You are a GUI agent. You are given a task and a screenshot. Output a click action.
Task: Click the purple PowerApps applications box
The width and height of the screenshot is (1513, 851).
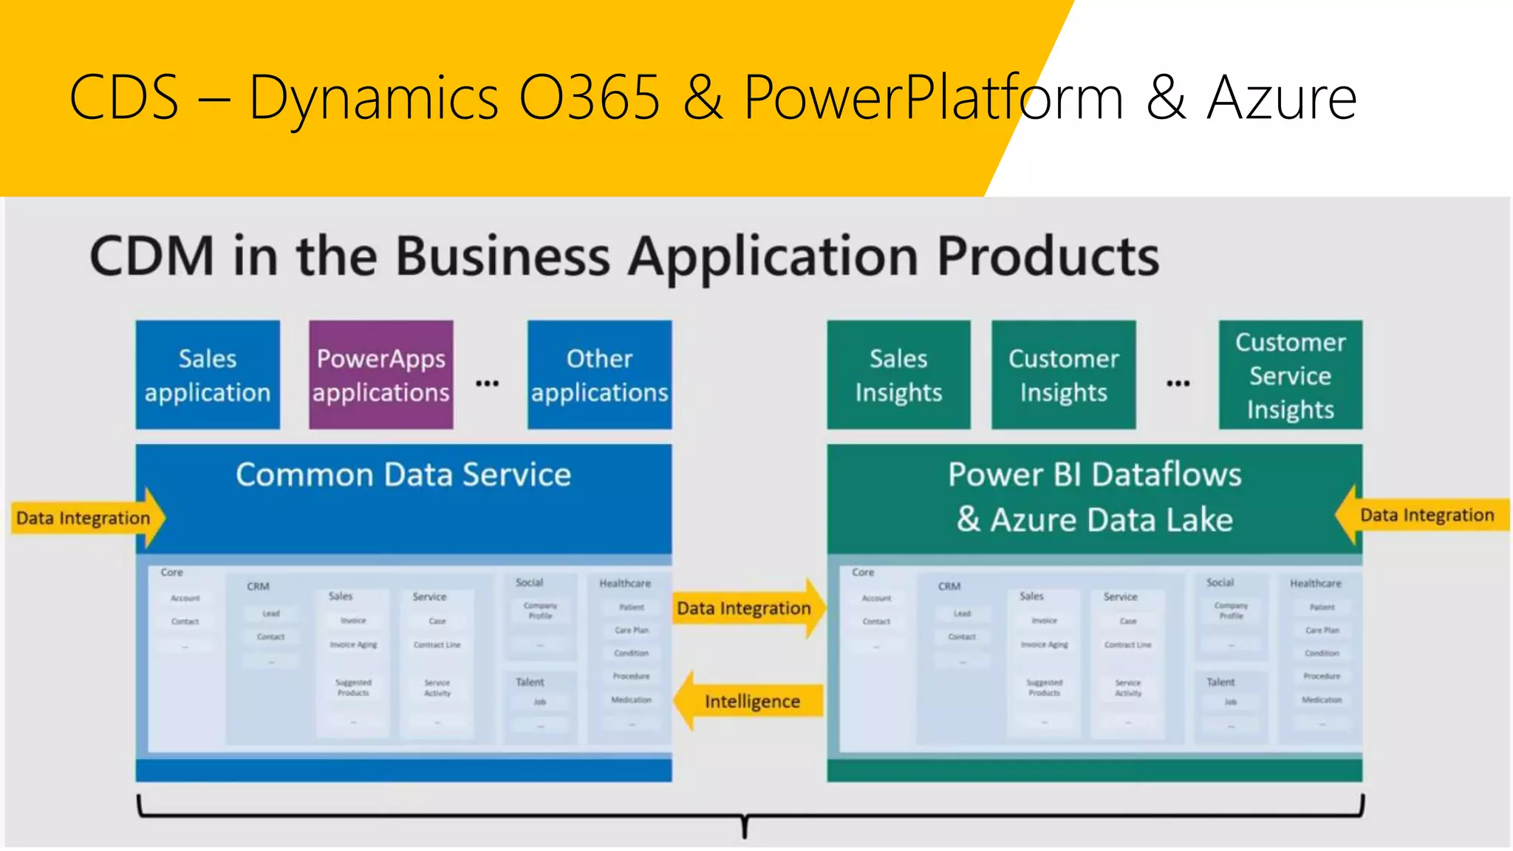(x=380, y=375)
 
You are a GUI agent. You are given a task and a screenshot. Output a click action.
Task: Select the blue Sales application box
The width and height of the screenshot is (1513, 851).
(x=208, y=375)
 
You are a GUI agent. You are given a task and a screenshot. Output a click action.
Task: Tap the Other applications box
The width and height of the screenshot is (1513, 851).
(x=599, y=375)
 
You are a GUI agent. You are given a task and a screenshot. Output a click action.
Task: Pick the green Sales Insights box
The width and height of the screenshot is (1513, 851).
(x=898, y=375)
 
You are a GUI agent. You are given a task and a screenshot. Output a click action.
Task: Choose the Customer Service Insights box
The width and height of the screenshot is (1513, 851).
(x=1290, y=375)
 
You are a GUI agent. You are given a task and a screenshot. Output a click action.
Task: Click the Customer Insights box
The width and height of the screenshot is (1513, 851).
(x=1063, y=375)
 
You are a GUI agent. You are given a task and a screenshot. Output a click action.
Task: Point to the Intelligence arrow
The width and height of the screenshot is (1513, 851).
(x=751, y=701)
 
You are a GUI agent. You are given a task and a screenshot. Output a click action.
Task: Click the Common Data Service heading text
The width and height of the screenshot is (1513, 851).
(x=403, y=474)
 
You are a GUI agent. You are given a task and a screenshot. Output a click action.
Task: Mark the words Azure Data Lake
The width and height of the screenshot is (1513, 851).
(x=1111, y=519)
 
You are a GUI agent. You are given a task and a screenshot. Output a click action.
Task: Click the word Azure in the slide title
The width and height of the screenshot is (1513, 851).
(x=1282, y=98)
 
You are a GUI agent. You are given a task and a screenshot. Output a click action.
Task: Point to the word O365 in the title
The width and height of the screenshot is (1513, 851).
(x=589, y=98)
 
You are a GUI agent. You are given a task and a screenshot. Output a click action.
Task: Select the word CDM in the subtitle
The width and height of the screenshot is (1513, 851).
(x=151, y=256)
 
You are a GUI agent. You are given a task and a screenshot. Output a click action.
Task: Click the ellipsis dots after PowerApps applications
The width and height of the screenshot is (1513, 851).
(x=487, y=383)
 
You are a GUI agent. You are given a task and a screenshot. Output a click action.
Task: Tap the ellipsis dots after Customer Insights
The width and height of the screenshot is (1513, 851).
(x=1178, y=383)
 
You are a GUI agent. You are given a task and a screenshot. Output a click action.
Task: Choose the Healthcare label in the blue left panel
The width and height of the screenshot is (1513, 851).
(x=625, y=583)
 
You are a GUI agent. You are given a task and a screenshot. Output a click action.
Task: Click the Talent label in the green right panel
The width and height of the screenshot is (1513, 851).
(x=1220, y=682)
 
